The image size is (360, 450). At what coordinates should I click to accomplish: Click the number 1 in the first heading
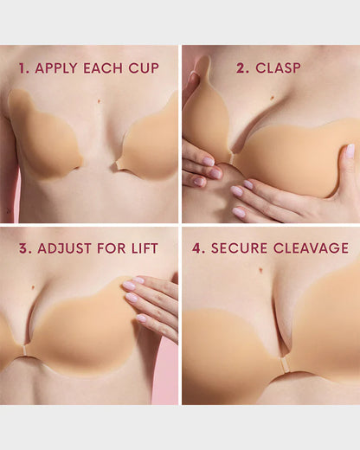click(23, 67)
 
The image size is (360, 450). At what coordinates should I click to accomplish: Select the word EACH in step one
click(107, 67)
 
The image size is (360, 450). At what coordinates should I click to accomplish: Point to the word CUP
click(145, 67)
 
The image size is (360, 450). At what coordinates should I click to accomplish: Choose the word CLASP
click(278, 67)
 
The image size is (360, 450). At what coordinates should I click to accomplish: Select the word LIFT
click(144, 248)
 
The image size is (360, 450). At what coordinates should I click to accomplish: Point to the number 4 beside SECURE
click(198, 248)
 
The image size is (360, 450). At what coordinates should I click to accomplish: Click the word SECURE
click(236, 248)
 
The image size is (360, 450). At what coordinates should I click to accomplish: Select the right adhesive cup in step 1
click(151, 143)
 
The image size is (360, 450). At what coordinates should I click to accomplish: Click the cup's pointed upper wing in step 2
click(201, 74)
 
